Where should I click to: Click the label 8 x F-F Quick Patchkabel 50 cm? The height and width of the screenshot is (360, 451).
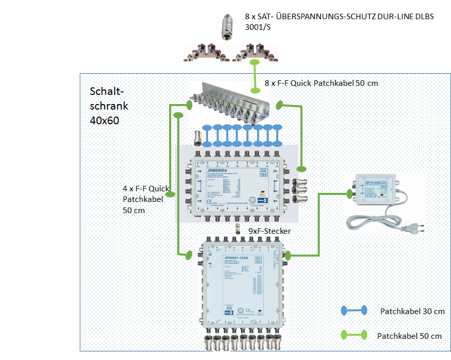pos(321,83)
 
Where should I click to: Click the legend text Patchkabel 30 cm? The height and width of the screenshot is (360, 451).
pos(412,312)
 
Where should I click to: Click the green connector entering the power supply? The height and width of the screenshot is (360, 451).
pos(349,193)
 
